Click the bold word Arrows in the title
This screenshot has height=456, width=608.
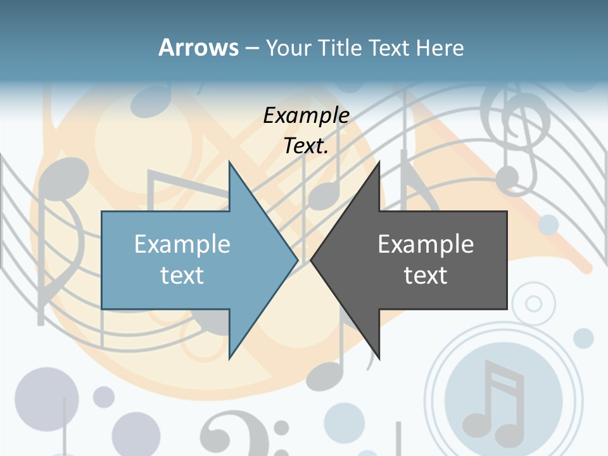pyautogui.click(x=198, y=47)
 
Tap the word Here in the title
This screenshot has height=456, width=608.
pyautogui.click(x=440, y=47)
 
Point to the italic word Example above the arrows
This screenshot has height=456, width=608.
pyautogui.click(x=306, y=115)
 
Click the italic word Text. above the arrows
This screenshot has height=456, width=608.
pyautogui.click(x=306, y=146)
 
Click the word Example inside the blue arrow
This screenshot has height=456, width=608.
pyautogui.click(x=182, y=244)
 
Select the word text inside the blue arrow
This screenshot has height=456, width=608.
pyautogui.click(x=182, y=275)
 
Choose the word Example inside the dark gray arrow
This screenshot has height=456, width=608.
pyautogui.click(x=426, y=244)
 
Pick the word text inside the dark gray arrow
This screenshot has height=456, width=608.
pyautogui.click(x=426, y=275)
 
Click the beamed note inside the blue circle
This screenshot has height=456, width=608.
pyautogui.click(x=494, y=399)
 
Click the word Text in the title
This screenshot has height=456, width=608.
pyautogui.click(x=389, y=47)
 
